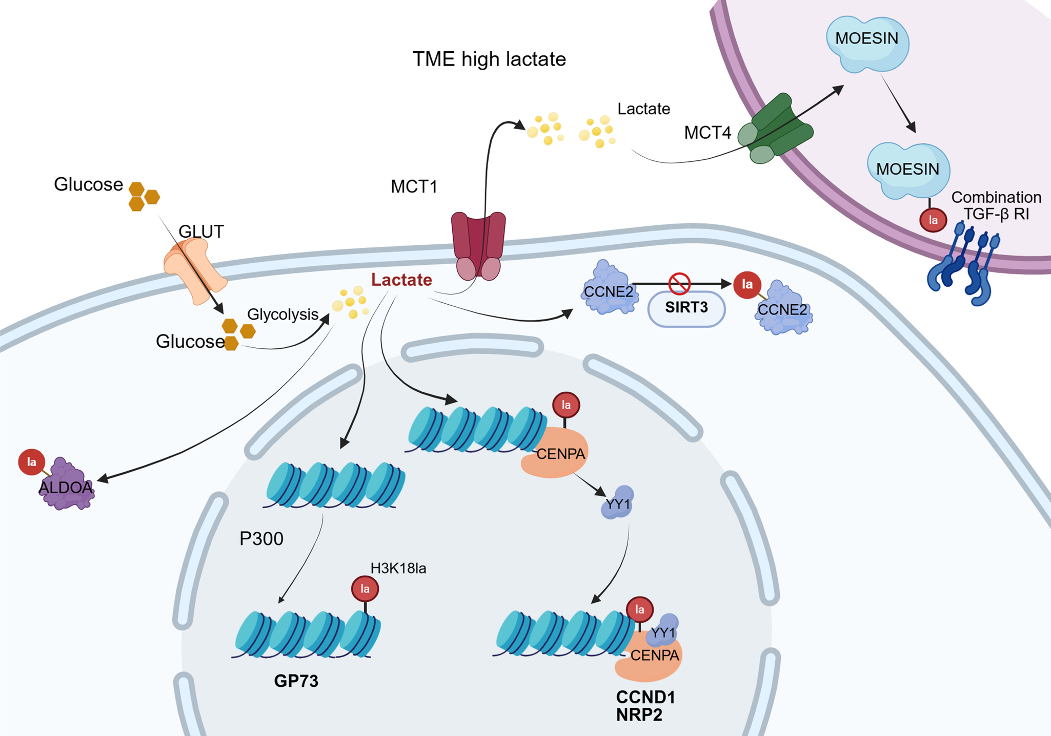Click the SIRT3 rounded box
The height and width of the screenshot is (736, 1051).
click(686, 308)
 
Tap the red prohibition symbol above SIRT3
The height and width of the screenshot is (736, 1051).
click(679, 284)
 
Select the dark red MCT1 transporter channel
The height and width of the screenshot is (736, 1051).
click(478, 246)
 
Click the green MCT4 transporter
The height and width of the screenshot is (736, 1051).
click(776, 129)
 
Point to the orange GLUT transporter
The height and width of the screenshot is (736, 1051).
click(194, 270)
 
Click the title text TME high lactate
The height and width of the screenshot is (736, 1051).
click(489, 59)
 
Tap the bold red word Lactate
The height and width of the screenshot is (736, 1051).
click(401, 280)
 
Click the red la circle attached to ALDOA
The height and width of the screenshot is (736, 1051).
click(31, 462)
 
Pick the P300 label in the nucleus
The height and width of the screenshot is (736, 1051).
click(261, 539)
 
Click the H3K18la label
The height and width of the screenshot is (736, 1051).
click(398, 569)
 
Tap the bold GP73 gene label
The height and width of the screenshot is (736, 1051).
click(296, 681)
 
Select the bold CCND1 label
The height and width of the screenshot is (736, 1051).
click(646, 697)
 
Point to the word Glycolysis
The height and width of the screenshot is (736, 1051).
click(283, 314)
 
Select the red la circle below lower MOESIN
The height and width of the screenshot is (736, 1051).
click(933, 220)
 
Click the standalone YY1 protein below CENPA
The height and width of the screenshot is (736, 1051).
click(618, 503)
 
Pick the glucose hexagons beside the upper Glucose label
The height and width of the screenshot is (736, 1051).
click(144, 196)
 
